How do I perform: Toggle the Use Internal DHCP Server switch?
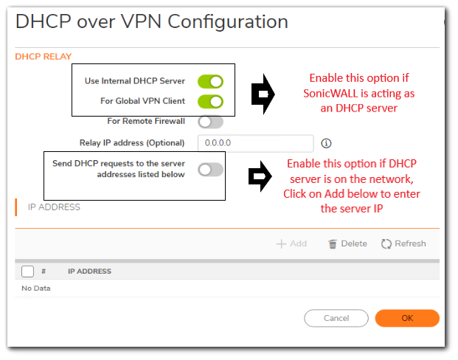(x=210, y=81)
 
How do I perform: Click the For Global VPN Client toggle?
(x=210, y=101)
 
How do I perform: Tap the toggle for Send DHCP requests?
(x=210, y=170)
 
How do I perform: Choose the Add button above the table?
(x=291, y=243)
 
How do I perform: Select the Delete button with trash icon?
(x=347, y=243)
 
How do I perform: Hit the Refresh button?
(x=403, y=243)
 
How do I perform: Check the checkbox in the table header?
(x=27, y=271)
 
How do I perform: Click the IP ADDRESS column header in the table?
(x=89, y=271)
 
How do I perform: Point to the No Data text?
(x=36, y=288)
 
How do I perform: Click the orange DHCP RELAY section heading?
(x=43, y=56)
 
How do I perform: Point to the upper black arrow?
(x=263, y=93)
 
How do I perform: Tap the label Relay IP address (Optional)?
(x=132, y=143)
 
